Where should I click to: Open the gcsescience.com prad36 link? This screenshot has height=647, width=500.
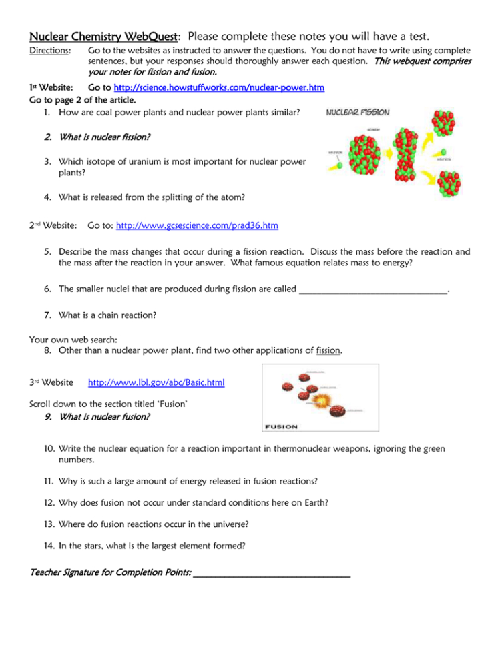coord(197,226)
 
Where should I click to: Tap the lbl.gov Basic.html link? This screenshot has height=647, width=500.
coord(156,382)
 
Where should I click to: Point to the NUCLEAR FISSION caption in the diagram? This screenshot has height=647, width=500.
coord(358,113)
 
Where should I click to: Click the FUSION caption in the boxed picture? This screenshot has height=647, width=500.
coord(282,426)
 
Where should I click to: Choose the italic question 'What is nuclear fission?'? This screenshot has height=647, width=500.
coord(104,137)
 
